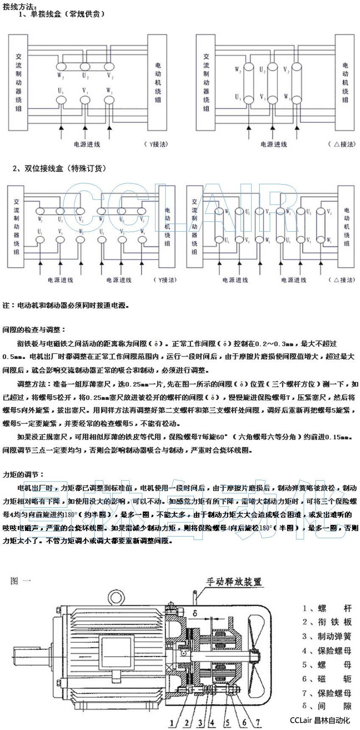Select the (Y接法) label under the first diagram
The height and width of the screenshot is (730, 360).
(x=156, y=144)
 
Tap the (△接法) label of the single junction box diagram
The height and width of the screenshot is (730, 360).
(x=342, y=144)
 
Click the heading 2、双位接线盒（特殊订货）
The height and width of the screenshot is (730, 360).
(x=59, y=169)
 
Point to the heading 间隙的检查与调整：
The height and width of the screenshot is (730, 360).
(x=34, y=329)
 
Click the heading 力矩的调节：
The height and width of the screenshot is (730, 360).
(x=23, y=474)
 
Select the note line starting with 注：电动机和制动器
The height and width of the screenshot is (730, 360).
(x=65, y=305)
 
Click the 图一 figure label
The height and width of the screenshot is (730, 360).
(x=20, y=581)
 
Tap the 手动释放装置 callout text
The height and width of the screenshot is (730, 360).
(x=234, y=581)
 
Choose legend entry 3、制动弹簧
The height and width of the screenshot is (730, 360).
(x=327, y=636)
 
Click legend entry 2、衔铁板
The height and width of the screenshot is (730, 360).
(x=327, y=622)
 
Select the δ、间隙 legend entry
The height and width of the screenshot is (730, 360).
(x=327, y=706)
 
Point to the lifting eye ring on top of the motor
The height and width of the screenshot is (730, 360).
(x=115, y=599)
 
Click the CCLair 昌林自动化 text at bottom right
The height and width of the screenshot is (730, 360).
(x=320, y=720)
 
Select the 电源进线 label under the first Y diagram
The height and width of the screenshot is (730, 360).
(x=87, y=144)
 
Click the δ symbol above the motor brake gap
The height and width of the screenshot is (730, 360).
(x=195, y=613)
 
